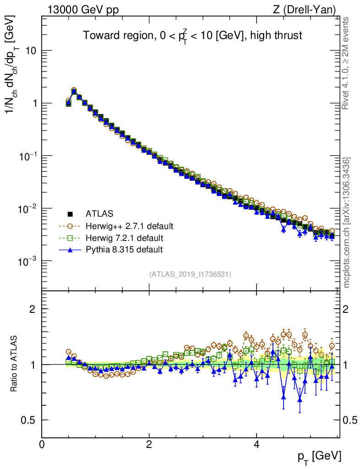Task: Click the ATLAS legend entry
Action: [99, 213]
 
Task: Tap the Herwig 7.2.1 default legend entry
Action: [120, 238]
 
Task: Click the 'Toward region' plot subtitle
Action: [192, 36]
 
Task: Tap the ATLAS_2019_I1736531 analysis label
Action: [190, 274]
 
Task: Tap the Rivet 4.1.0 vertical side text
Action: [347, 63]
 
